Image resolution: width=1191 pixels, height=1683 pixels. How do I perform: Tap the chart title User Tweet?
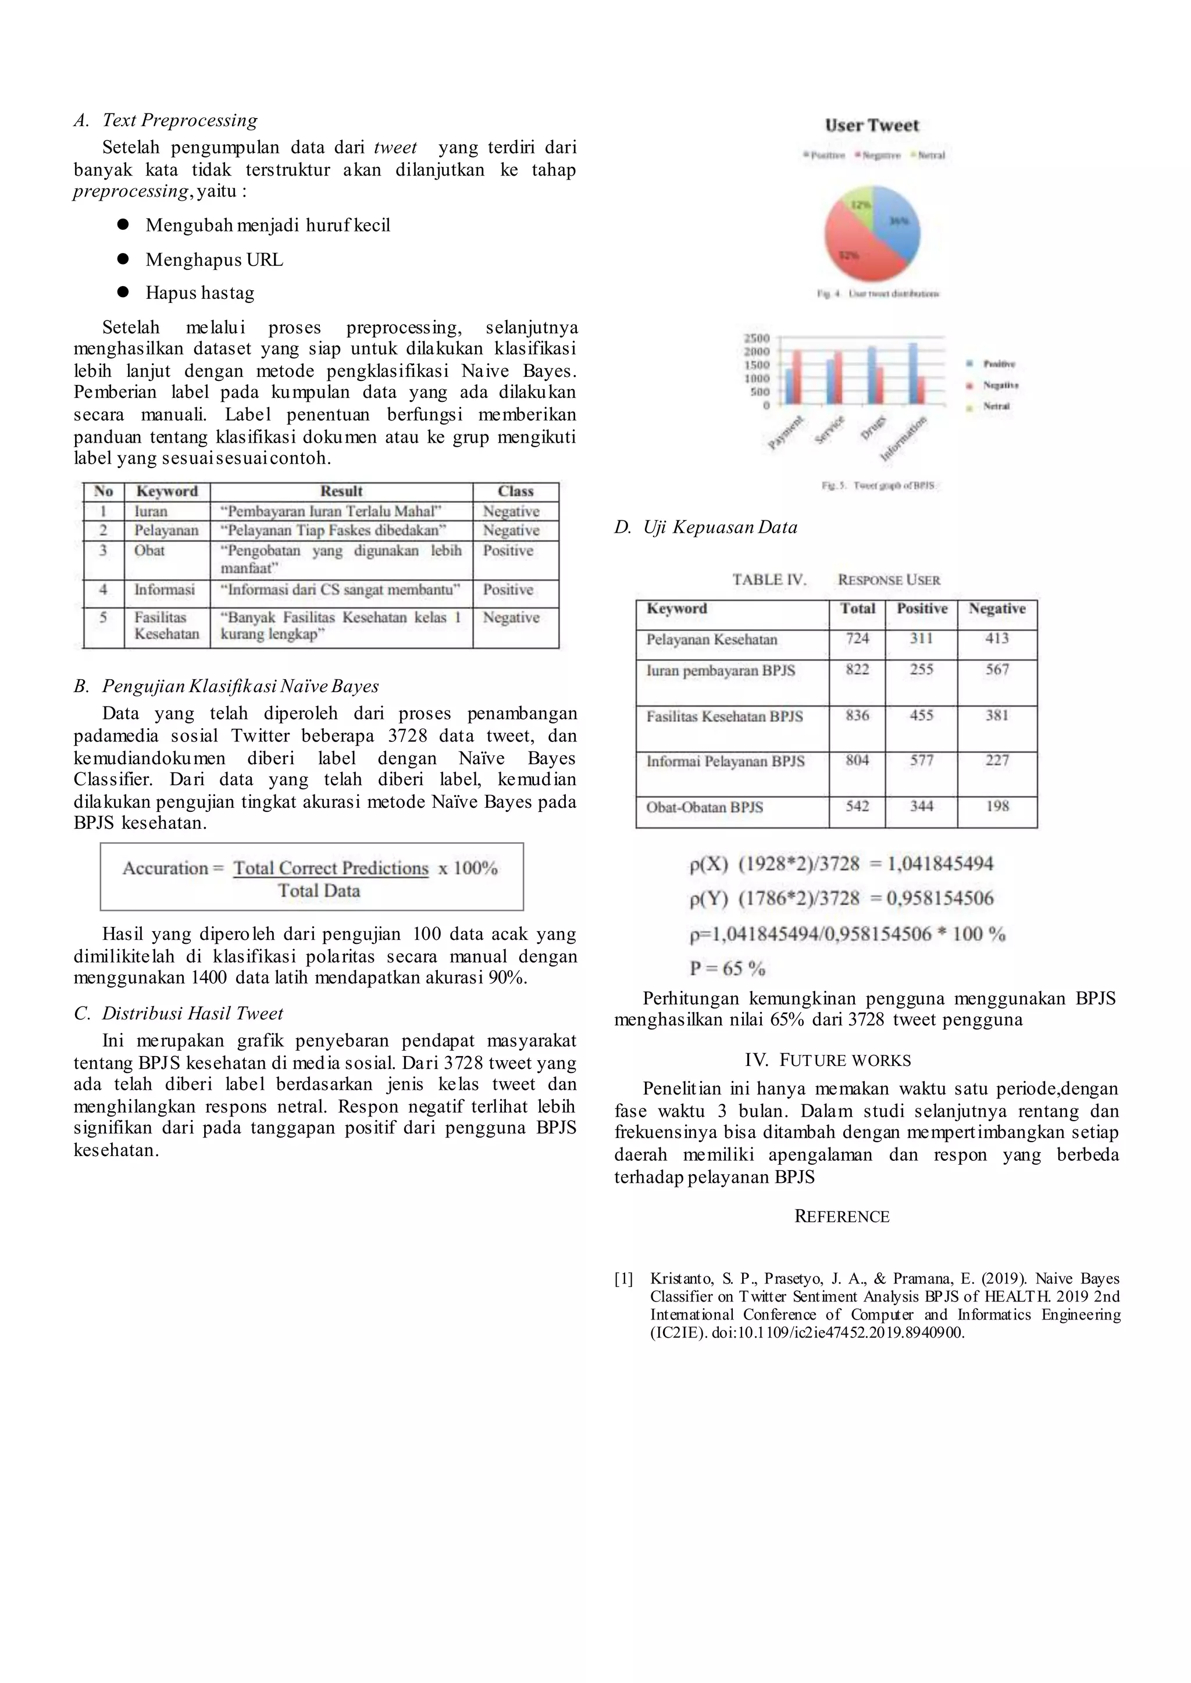pyautogui.click(x=871, y=126)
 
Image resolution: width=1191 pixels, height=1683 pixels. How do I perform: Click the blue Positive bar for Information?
pyautogui.click(x=913, y=373)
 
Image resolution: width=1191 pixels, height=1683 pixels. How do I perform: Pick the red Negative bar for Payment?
pyautogui.click(x=797, y=377)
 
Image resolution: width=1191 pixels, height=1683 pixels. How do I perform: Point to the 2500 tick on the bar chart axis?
pyautogui.click(x=757, y=338)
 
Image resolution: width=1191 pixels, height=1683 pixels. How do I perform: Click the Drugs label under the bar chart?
pyautogui.click(x=873, y=428)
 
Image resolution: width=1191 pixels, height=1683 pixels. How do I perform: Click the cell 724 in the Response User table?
pyautogui.click(x=857, y=639)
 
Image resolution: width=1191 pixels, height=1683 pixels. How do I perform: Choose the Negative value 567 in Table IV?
pyautogui.click(x=997, y=669)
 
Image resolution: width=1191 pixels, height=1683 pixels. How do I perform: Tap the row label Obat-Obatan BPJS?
pyautogui.click(x=704, y=807)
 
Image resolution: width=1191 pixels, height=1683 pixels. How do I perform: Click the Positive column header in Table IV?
pyautogui.click(x=921, y=609)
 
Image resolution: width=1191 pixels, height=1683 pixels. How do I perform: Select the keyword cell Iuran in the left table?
pyautogui.click(x=151, y=512)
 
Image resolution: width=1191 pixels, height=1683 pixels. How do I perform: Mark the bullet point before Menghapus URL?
pyautogui.click(x=123, y=259)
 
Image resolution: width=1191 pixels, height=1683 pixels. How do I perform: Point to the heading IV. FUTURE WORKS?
pyautogui.click(x=828, y=1060)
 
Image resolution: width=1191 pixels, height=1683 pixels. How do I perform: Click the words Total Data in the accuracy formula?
pyautogui.click(x=319, y=891)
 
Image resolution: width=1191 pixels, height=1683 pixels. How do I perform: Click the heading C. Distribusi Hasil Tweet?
pyautogui.click(x=178, y=1014)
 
